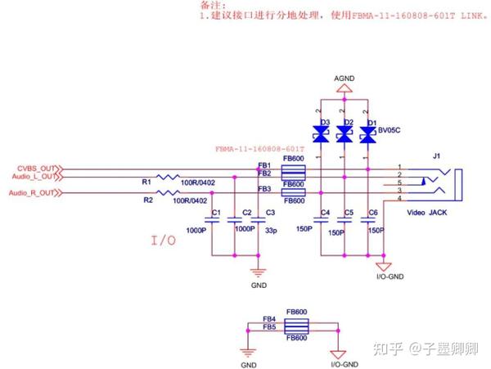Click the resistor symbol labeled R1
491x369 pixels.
coord(169,177)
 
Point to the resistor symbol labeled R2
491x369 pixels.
coord(169,193)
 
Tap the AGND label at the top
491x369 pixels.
coord(345,78)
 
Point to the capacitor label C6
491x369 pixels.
coord(373,213)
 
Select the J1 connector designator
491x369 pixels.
coord(437,156)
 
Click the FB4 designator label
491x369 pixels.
coord(268,319)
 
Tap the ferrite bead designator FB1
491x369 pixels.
coord(264,165)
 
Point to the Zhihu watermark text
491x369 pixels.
coord(426,349)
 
